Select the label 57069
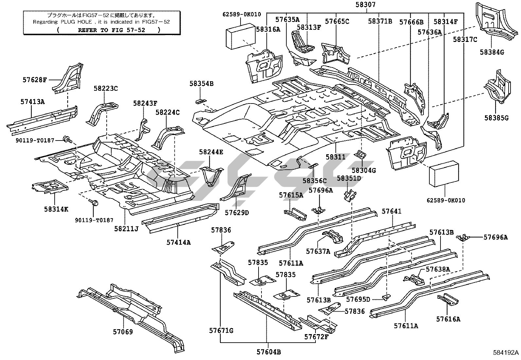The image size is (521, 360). point(123,332)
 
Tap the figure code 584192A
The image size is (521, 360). point(506,353)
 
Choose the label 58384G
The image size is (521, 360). point(492,52)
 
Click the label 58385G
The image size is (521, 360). point(496,118)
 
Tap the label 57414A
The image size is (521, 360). point(178,242)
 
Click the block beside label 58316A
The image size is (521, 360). point(241,35)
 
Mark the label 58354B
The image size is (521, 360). point(201,84)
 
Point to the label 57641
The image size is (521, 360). point(391,212)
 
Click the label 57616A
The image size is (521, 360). point(448,319)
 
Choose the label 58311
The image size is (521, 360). point(335,158)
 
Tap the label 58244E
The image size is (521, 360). point(211,152)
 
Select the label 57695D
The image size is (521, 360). point(358,299)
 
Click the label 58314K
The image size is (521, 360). point(56,209)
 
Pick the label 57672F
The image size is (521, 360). point(316,337)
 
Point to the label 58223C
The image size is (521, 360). point(105,88)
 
